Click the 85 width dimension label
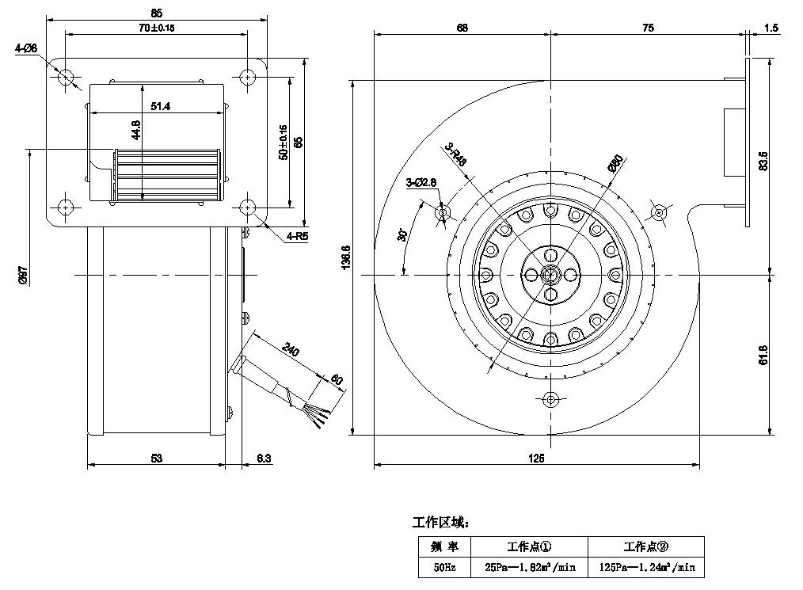(156, 13)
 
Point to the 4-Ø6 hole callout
(26, 48)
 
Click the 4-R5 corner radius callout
(298, 235)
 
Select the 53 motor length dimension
(156, 459)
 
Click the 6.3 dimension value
(264, 459)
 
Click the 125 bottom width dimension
(536, 459)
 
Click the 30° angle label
(402, 235)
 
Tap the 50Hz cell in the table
(443, 566)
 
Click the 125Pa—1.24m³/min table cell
(645, 566)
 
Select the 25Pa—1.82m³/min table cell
(529, 566)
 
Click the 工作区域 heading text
(442, 523)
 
